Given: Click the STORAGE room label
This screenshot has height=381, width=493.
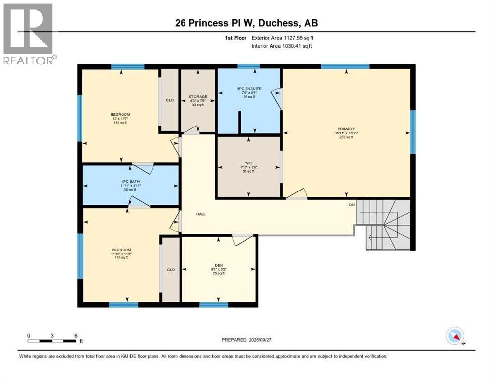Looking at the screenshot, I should tap(197, 97).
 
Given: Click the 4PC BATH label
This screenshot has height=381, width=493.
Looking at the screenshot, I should tap(128, 181).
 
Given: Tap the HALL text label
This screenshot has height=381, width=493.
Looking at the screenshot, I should tap(200, 214).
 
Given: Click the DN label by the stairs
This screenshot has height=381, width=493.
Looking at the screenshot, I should tap(351, 204).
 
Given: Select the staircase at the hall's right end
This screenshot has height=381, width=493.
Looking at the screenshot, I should tap(384, 224).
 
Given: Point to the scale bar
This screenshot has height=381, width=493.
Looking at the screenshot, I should tap(52, 341).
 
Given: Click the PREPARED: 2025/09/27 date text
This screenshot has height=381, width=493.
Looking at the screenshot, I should tap(247, 340).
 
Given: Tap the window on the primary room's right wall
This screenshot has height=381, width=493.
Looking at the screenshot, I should tap(412, 132).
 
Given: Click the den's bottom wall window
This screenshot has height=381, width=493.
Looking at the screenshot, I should tap(214, 304).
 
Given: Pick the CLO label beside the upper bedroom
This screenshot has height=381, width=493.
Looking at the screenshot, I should tap(169, 100).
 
